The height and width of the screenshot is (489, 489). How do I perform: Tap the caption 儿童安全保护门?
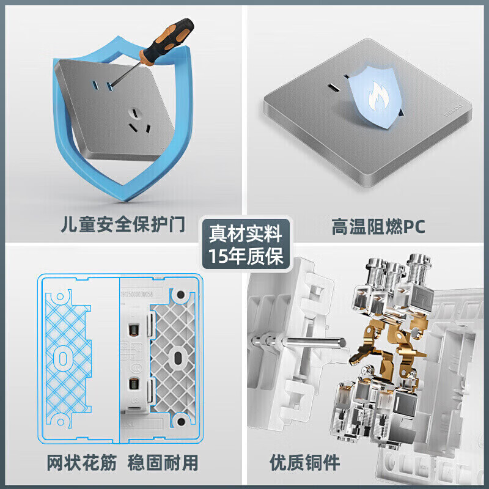(x=123, y=226)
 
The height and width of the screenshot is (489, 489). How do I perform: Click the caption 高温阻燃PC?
(x=378, y=227)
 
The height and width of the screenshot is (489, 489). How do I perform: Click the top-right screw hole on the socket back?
(x=180, y=295)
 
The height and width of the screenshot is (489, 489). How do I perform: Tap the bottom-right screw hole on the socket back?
(x=180, y=420)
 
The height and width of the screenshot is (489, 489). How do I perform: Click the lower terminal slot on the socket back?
(x=132, y=385)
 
